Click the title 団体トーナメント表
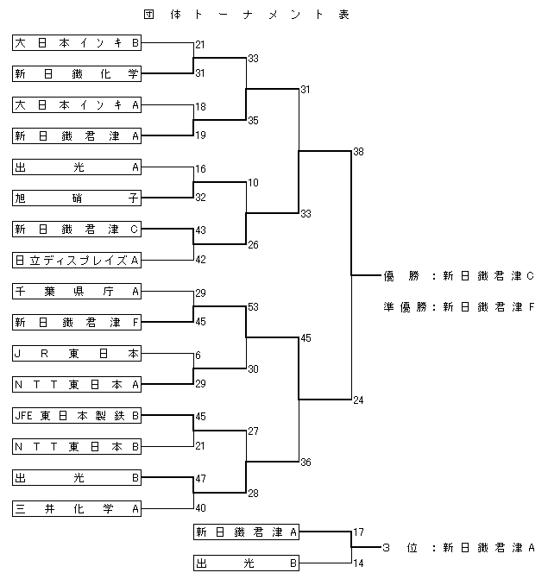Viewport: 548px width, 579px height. click(246, 15)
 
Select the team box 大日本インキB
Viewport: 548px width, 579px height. click(77, 43)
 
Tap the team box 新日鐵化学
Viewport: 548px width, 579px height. click(77, 74)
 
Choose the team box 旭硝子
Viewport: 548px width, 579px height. click(77, 198)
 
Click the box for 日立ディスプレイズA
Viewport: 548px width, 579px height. click(77, 260)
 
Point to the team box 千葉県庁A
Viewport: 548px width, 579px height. click(77, 291)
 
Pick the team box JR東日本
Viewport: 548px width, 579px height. click(77, 353)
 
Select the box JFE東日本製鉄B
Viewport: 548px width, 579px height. click(77, 415)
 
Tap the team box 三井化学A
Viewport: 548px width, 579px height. click(77, 508)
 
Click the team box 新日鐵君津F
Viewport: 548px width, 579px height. click(77, 322)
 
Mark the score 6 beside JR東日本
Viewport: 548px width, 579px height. click(198, 356)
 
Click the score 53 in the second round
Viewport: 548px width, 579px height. click(253, 307)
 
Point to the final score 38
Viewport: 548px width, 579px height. click(358, 152)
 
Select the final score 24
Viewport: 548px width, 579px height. click(358, 400)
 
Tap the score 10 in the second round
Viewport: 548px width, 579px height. click(253, 183)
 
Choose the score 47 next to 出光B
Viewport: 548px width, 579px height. click(200, 479)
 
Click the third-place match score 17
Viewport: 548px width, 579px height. click(358, 532)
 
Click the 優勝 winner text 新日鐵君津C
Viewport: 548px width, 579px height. click(488, 276)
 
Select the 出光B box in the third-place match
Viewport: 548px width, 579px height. click(246, 563)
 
